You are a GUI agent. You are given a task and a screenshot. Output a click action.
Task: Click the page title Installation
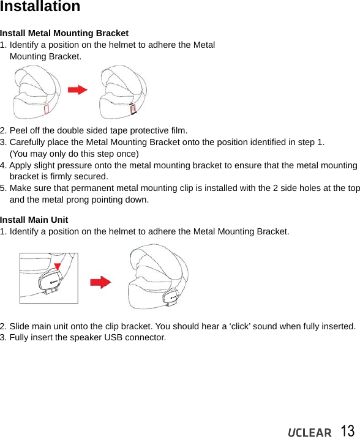click(40, 7)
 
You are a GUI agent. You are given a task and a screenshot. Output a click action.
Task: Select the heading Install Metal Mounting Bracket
click(64, 33)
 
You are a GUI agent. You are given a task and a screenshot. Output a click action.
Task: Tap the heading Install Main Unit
click(34, 220)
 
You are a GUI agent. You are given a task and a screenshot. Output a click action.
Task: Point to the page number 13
click(347, 431)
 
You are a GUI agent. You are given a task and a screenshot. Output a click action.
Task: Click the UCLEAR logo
click(309, 432)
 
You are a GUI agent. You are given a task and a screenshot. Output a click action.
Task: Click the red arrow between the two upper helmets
click(77, 90)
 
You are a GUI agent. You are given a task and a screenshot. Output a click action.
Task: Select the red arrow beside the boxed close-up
click(100, 282)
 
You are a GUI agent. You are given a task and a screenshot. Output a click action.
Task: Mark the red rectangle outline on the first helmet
click(47, 109)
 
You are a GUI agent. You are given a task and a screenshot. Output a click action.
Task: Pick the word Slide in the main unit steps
click(20, 326)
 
